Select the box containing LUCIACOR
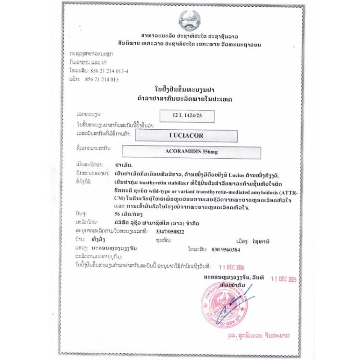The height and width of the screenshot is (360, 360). pyautogui.click(x=187, y=135)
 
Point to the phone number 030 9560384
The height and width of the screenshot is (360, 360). pyautogui.click(x=226, y=250)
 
